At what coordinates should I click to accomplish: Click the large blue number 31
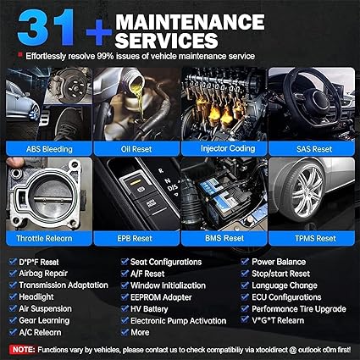[46, 27]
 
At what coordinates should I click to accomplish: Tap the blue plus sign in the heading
[99, 32]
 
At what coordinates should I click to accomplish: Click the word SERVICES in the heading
[166, 41]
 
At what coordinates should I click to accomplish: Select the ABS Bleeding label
[49, 149]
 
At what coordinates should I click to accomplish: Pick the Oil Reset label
[136, 149]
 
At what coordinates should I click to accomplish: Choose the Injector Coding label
[224, 148]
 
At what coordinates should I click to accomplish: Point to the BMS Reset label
[224, 238]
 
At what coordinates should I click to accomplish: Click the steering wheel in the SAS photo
[312, 99]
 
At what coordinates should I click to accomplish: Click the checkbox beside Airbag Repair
[13, 273]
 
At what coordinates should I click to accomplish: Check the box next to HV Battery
[125, 308]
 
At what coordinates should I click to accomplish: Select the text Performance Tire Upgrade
[299, 309]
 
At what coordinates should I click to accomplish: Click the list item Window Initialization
[168, 285]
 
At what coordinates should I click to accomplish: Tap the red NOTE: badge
[22, 350]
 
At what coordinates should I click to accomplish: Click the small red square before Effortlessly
[19, 54]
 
